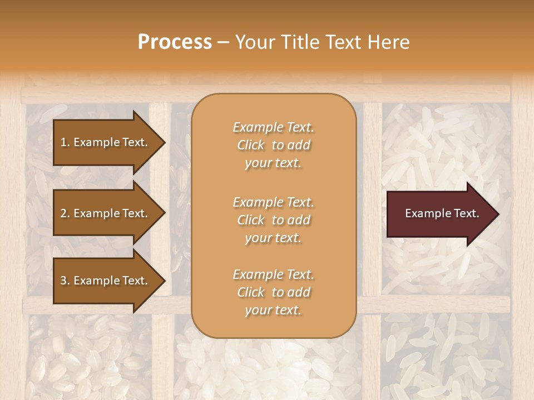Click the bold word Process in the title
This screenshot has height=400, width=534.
[175, 42]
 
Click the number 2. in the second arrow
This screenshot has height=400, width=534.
[65, 213]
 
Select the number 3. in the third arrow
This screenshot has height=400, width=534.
[65, 281]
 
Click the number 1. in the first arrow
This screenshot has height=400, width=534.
[65, 142]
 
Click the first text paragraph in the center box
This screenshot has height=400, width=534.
[273, 145]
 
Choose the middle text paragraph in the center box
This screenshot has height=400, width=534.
[273, 220]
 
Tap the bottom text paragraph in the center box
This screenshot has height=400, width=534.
[273, 292]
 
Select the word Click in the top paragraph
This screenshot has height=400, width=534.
[251, 145]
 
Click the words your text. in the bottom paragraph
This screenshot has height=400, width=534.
[273, 310]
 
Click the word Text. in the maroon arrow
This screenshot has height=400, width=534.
[466, 213]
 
